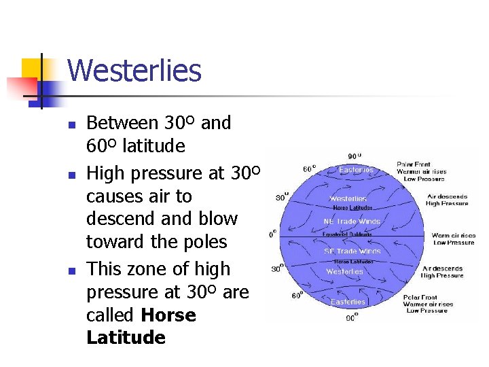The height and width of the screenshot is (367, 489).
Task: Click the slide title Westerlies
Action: (x=134, y=71)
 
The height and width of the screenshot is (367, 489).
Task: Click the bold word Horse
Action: (x=168, y=315)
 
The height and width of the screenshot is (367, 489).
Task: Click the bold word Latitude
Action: (x=126, y=338)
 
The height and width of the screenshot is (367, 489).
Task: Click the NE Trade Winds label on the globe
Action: (x=352, y=222)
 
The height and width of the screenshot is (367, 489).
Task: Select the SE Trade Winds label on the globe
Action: (x=352, y=251)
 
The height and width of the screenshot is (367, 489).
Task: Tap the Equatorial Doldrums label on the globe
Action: (x=350, y=234)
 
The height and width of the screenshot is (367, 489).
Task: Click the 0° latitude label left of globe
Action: (x=272, y=233)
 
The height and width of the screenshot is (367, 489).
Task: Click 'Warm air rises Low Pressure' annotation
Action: (x=453, y=239)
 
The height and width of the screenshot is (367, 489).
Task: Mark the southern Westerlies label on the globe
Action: (x=344, y=271)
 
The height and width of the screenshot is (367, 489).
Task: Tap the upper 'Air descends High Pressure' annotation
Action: (x=447, y=200)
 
